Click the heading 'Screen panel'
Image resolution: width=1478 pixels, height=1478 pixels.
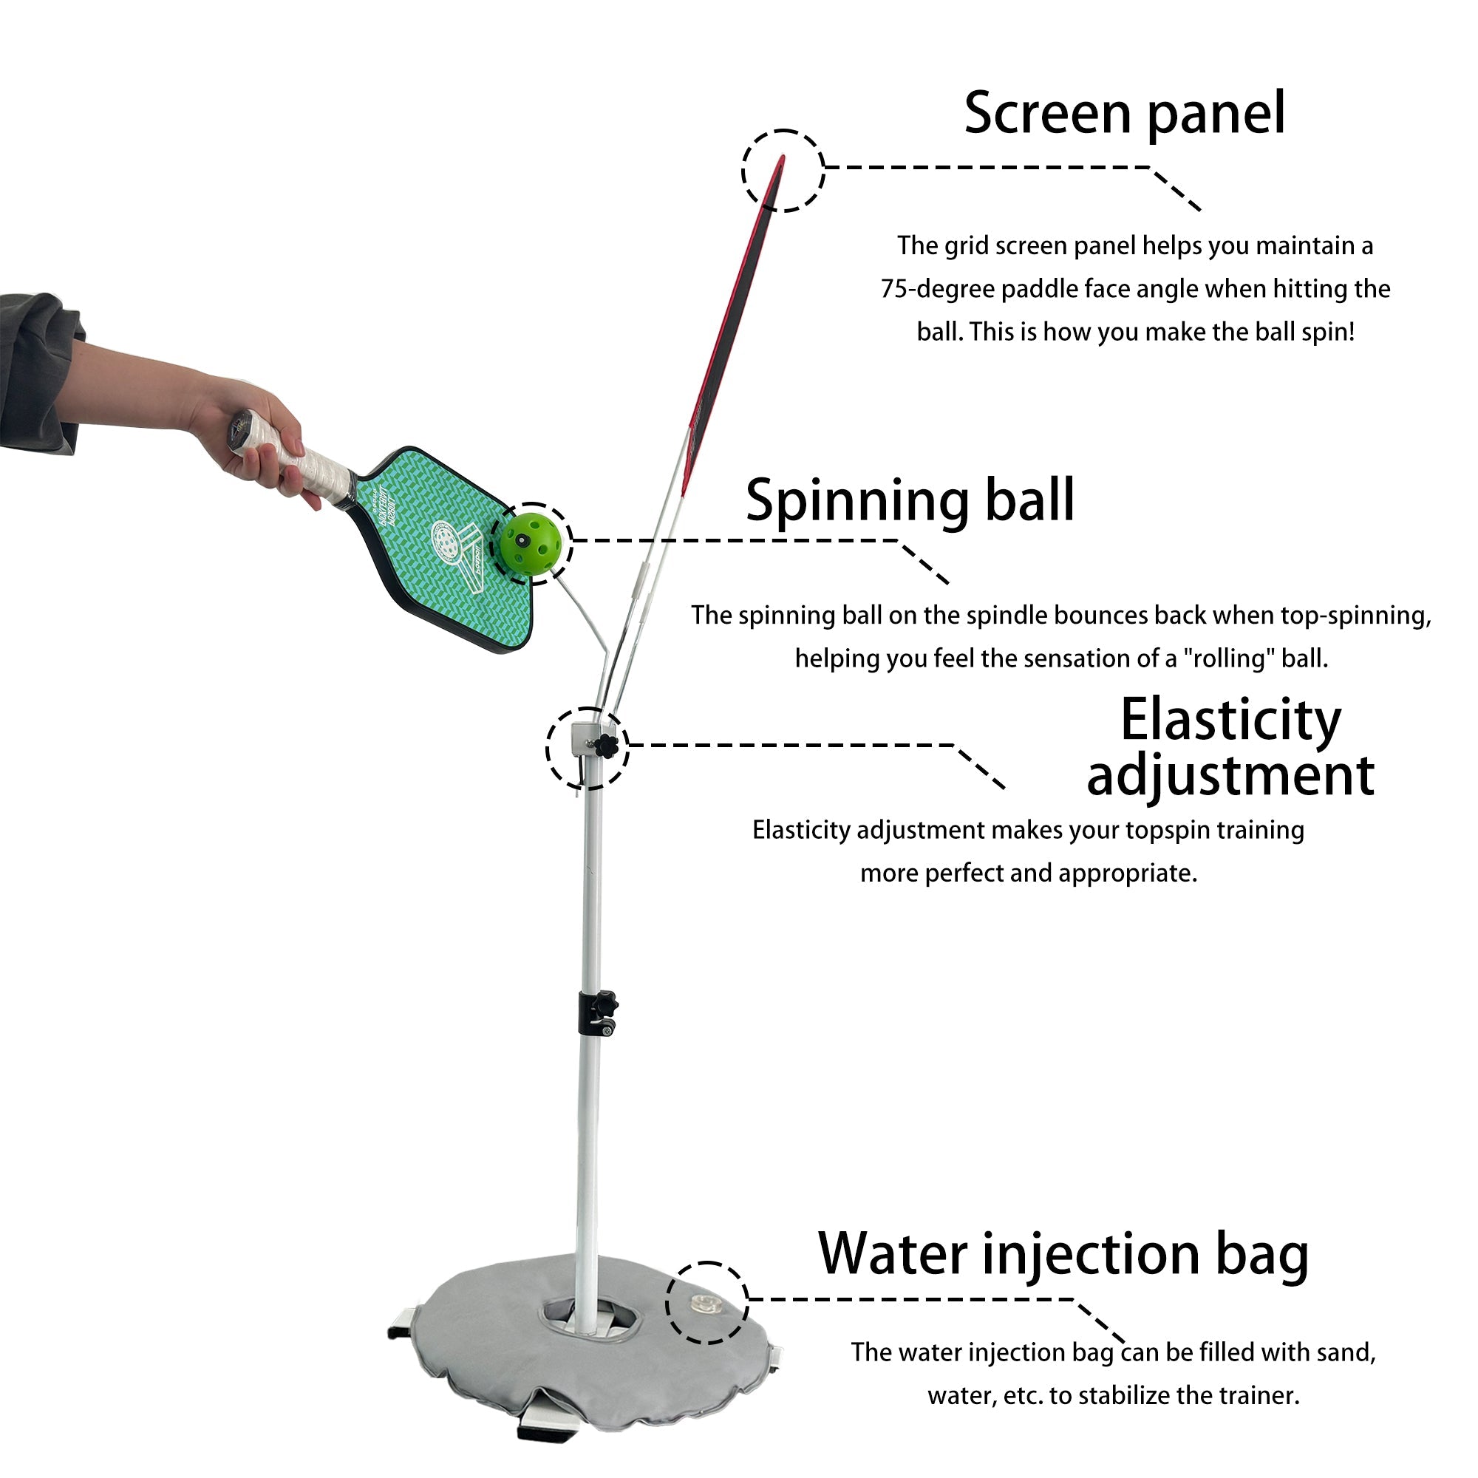tap(1124, 113)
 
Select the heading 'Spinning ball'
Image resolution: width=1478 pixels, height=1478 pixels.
tap(910, 500)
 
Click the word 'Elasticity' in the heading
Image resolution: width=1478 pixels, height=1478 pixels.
tap(1230, 720)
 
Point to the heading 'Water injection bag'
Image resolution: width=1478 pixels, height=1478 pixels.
tap(1063, 1253)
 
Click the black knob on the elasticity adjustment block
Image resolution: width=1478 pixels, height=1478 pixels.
tap(607, 746)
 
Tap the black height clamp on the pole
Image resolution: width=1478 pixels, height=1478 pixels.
tap(596, 1012)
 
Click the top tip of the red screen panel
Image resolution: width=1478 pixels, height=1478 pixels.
tap(781, 160)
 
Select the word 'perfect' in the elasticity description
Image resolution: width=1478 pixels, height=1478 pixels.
tap(970, 873)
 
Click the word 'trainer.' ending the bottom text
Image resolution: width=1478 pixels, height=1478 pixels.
tap(1259, 1395)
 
